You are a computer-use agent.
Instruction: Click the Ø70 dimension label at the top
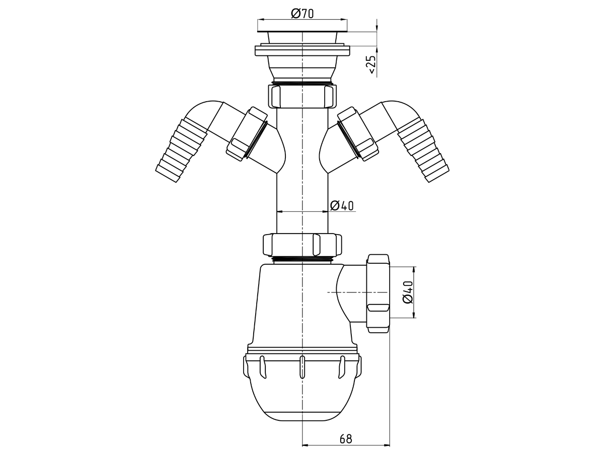click(x=302, y=14)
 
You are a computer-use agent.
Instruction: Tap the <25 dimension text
click(x=371, y=64)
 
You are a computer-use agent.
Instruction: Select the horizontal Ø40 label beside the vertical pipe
click(x=342, y=206)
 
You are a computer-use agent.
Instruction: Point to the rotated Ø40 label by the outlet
click(x=408, y=292)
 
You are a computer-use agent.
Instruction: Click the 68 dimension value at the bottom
click(x=346, y=439)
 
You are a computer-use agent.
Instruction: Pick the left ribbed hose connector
click(x=181, y=150)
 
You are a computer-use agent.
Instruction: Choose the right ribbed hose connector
click(x=423, y=150)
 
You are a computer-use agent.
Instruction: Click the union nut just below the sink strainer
click(x=302, y=96)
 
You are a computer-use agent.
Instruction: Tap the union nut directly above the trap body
click(x=302, y=245)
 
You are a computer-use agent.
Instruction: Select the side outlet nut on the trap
click(x=378, y=293)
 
